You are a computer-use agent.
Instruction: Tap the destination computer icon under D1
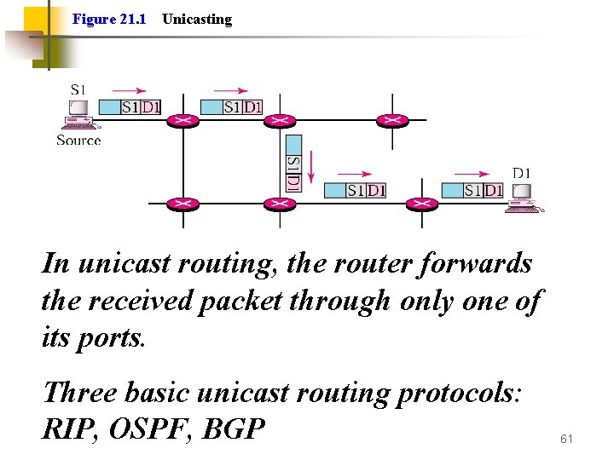(x=523, y=198)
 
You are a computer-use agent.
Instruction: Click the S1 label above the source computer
(x=78, y=89)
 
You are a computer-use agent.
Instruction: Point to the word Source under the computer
(x=78, y=141)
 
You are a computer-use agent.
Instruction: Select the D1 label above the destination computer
(x=521, y=173)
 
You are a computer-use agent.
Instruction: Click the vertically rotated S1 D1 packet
(x=293, y=162)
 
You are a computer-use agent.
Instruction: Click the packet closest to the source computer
(x=130, y=107)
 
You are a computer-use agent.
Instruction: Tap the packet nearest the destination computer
(x=472, y=190)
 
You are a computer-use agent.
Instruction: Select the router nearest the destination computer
(x=420, y=204)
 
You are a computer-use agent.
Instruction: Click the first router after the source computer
(x=182, y=120)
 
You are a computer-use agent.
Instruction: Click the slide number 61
(x=567, y=439)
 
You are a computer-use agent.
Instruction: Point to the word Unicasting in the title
(x=196, y=19)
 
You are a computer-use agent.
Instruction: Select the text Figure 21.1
(x=109, y=19)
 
